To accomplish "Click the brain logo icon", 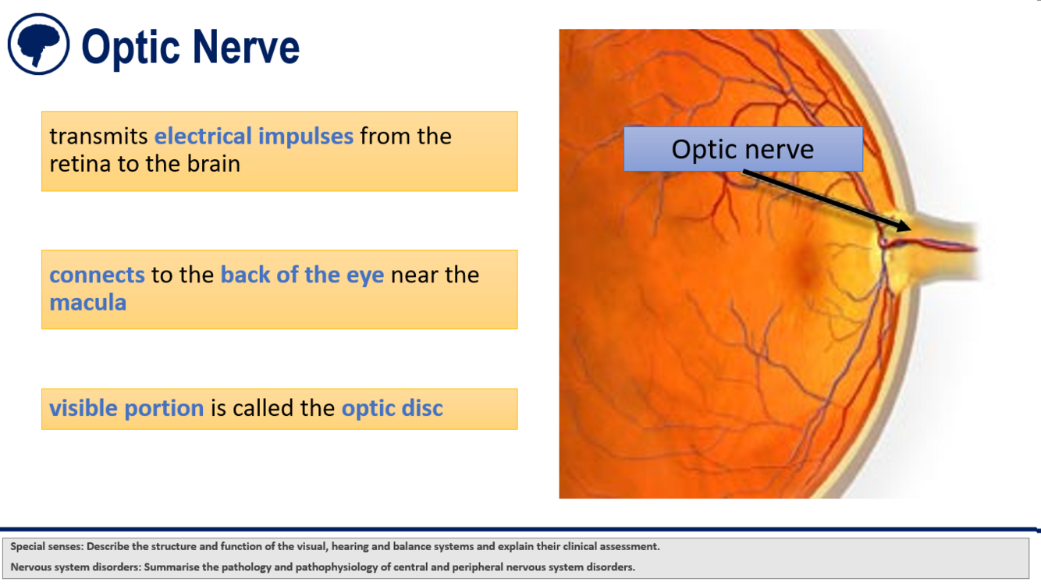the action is [38, 44].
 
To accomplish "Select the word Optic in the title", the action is [130, 48].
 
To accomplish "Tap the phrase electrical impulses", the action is [254, 136].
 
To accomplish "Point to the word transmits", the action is [98, 137].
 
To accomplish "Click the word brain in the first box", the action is [213, 164].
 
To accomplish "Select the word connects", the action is [97, 275].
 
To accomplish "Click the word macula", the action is [88, 303].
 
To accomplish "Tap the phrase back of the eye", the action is [302, 275].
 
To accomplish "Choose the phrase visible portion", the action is [126, 408].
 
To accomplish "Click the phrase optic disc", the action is [393, 408].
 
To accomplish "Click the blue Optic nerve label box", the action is [743, 149].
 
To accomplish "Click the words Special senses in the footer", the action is [47, 546].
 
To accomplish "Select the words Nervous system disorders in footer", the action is [75, 567].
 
